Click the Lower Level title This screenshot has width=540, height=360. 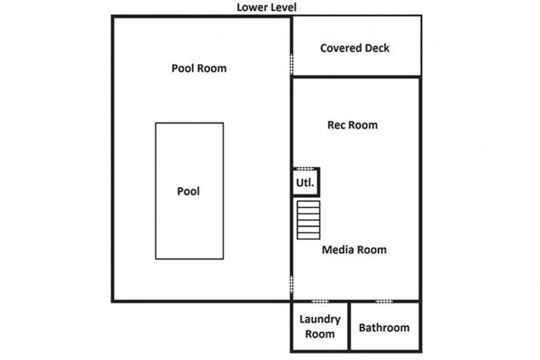(267, 7)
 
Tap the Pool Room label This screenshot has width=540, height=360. (199, 68)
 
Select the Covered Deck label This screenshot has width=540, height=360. (355, 48)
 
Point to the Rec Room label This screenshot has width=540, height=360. (352, 125)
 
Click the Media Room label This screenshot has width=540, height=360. (354, 249)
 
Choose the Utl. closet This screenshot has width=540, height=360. (306, 182)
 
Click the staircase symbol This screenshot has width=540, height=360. (308, 220)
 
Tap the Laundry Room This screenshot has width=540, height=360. (320, 327)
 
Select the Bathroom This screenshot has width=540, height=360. (384, 327)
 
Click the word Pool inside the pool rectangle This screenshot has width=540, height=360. (188, 192)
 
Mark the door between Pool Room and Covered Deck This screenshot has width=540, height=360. (292, 64)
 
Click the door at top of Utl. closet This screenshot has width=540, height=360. (305, 168)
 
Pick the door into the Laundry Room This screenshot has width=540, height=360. (320, 302)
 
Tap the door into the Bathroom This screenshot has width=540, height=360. (384, 302)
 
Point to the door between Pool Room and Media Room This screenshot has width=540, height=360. (292, 284)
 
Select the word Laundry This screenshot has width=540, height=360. (320, 320)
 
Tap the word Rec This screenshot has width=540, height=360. (335, 125)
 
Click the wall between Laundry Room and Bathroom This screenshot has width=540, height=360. (349, 327)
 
